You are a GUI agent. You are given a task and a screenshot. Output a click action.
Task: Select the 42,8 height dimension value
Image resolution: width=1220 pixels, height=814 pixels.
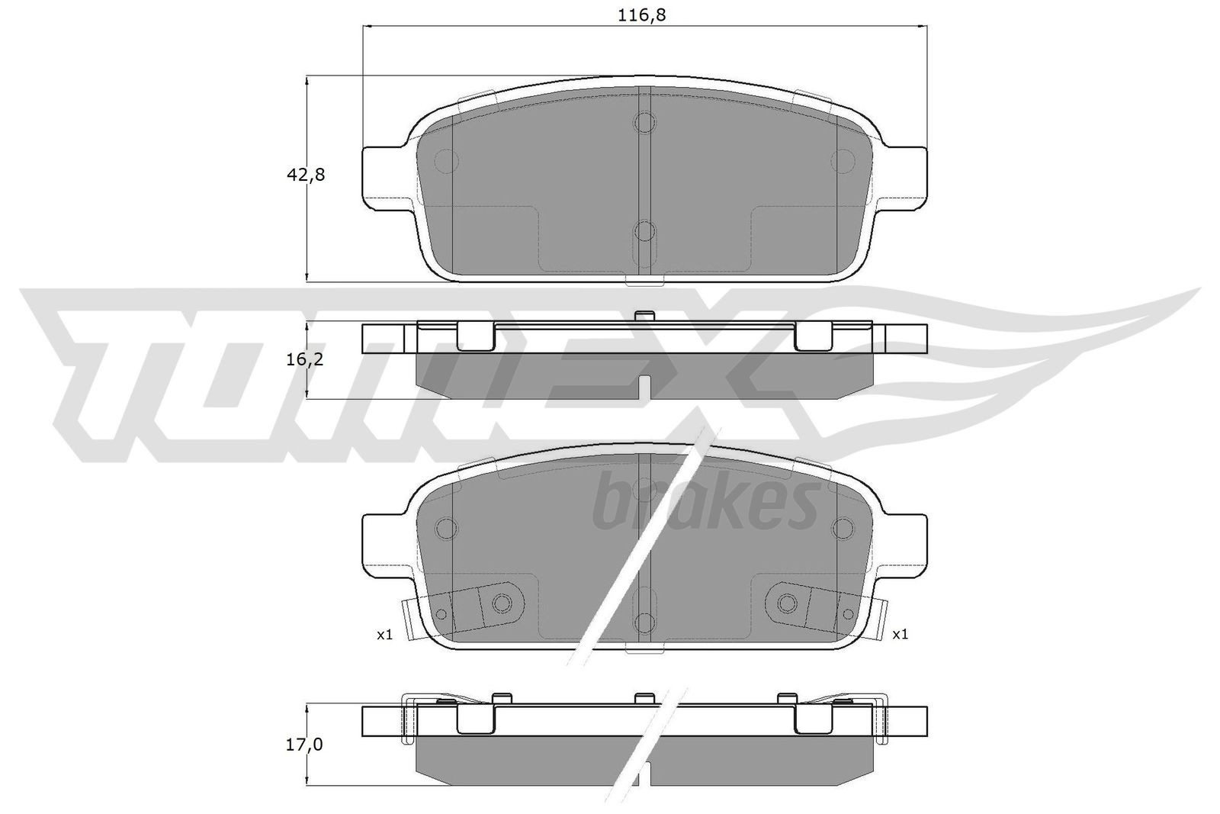tap(306, 175)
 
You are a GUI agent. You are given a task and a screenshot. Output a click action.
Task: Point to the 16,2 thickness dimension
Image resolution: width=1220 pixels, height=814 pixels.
tap(306, 359)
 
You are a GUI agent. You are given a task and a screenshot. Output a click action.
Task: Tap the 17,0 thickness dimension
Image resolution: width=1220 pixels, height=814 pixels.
tap(306, 744)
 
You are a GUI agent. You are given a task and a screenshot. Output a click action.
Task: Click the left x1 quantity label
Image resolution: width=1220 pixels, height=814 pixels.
tap(384, 634)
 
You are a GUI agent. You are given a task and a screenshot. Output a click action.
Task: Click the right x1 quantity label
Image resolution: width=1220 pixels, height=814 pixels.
tap(900, 634)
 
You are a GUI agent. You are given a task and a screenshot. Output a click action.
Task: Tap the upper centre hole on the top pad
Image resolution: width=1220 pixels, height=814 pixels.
tap(645, 122)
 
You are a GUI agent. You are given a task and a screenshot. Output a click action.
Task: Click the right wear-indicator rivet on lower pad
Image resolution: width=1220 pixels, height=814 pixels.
tap(787, 603)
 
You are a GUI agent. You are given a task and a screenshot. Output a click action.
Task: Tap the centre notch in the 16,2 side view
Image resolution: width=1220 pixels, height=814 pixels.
tap(645, 387)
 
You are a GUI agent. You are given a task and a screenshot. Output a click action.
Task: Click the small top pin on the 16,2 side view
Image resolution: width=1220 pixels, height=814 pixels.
tap(645, 314)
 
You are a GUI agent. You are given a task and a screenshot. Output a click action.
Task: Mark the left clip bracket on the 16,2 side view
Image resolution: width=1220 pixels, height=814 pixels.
tap(474, 336)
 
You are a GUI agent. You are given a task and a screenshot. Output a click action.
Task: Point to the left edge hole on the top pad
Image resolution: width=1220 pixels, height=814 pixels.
tap(445, 159)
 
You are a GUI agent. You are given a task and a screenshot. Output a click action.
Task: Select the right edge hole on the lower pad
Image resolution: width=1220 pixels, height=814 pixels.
tap(843, 527)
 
